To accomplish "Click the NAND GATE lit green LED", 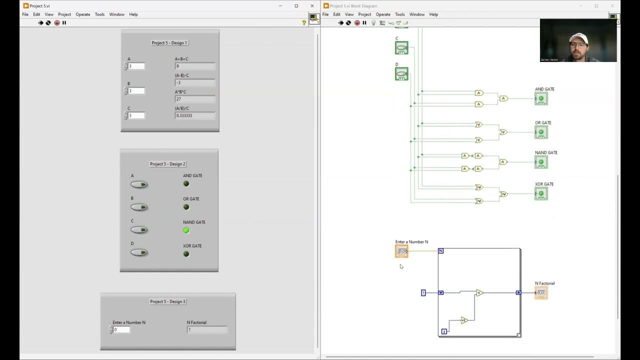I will point(186,230).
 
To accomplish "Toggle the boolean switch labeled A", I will point(139,184).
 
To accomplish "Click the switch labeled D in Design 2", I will point(139,252).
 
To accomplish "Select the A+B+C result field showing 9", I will point(195,66).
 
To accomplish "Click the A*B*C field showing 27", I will point(195,99).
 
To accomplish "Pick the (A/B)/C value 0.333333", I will point(195,115).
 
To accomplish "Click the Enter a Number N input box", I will point(121,329).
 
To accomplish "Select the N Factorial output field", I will point(206,329).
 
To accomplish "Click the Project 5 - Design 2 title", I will point(167,164).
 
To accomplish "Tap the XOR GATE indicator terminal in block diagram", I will point(541,193).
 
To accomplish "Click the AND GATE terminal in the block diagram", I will point(541,98).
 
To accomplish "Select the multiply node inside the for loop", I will point(479,293).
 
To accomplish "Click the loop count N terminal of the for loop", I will point(440,251).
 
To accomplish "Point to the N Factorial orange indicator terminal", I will point(541,292).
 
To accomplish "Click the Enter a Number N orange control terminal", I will point(401,251).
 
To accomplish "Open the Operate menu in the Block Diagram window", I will point(383,14).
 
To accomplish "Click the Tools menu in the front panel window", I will point(99,14).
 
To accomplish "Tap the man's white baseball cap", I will point(578,37).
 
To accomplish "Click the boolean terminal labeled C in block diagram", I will point(401,48).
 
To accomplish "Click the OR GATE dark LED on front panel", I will point(186,207).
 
